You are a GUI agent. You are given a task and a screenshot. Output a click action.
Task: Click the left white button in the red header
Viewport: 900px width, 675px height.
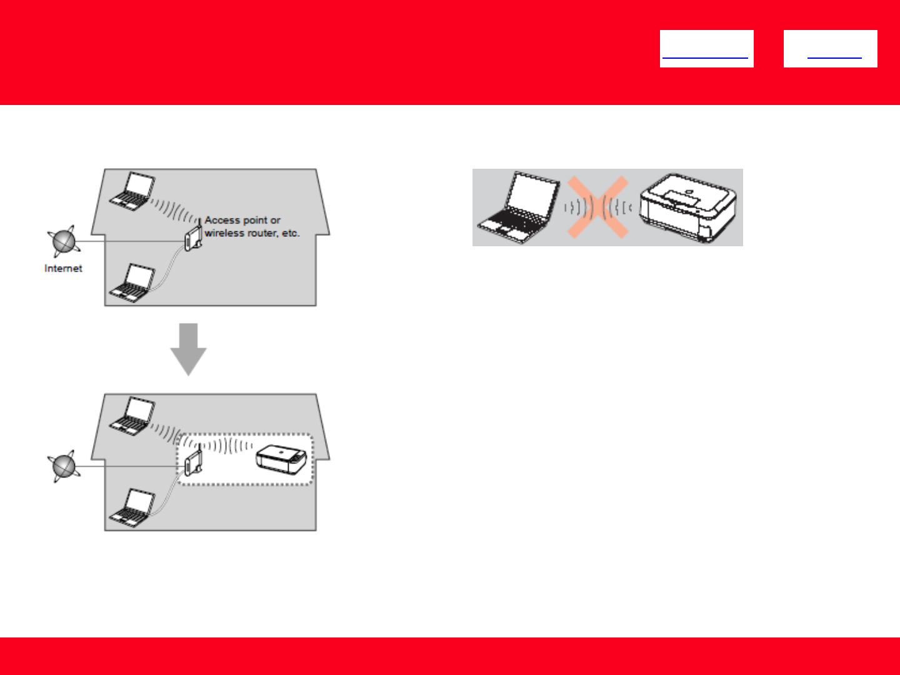pyautogui.click(x=706, y=49)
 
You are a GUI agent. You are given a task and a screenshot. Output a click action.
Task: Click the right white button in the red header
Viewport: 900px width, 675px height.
pyautogui.click(x=830, y=49)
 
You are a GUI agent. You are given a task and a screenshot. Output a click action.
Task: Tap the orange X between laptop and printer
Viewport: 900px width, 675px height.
pyautogui.click(x=597, y=207)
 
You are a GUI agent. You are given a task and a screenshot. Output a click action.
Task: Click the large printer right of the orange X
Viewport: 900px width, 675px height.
pyautogui.click(x=688, y=208)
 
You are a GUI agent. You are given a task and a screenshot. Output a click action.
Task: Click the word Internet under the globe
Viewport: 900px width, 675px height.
pyautogui.click(x=63, y=268)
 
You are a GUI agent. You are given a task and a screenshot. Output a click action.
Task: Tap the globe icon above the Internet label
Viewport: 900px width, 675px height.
pyautogui.click(x=63, y=241)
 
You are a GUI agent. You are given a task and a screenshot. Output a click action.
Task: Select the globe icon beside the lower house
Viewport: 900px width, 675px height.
pyautogui.click(x=63, y=466)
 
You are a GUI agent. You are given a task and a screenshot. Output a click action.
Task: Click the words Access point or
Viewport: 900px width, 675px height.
pyautogui.click(x=242, y=220)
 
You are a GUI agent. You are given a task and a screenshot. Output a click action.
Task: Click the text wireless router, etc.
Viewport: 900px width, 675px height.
pyautogui.click(x=252, y=233)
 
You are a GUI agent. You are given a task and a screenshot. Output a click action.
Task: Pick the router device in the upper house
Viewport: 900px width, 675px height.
pyautogui.click(x=192, y=239)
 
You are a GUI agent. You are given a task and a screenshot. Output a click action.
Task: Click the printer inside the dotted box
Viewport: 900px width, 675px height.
pyautogui.click(x=281, y=460)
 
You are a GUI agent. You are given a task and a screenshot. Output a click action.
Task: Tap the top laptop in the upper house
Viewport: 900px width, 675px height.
pyautogui.click(x=132, y=190)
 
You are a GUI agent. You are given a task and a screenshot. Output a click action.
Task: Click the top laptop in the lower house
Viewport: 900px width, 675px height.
pyautogui.click(x=132, y=414)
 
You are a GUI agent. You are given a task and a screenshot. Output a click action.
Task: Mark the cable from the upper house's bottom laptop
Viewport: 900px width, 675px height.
pyautogui.click(x=167, y=275)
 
